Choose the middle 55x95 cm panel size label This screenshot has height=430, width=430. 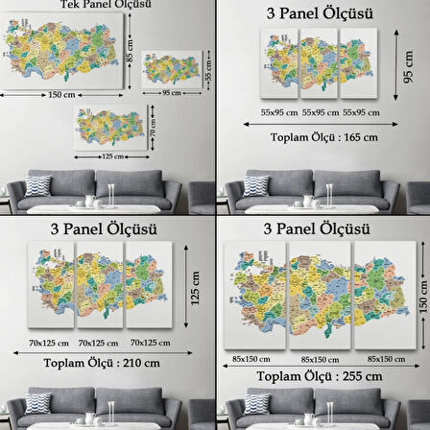tap(318, 111)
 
